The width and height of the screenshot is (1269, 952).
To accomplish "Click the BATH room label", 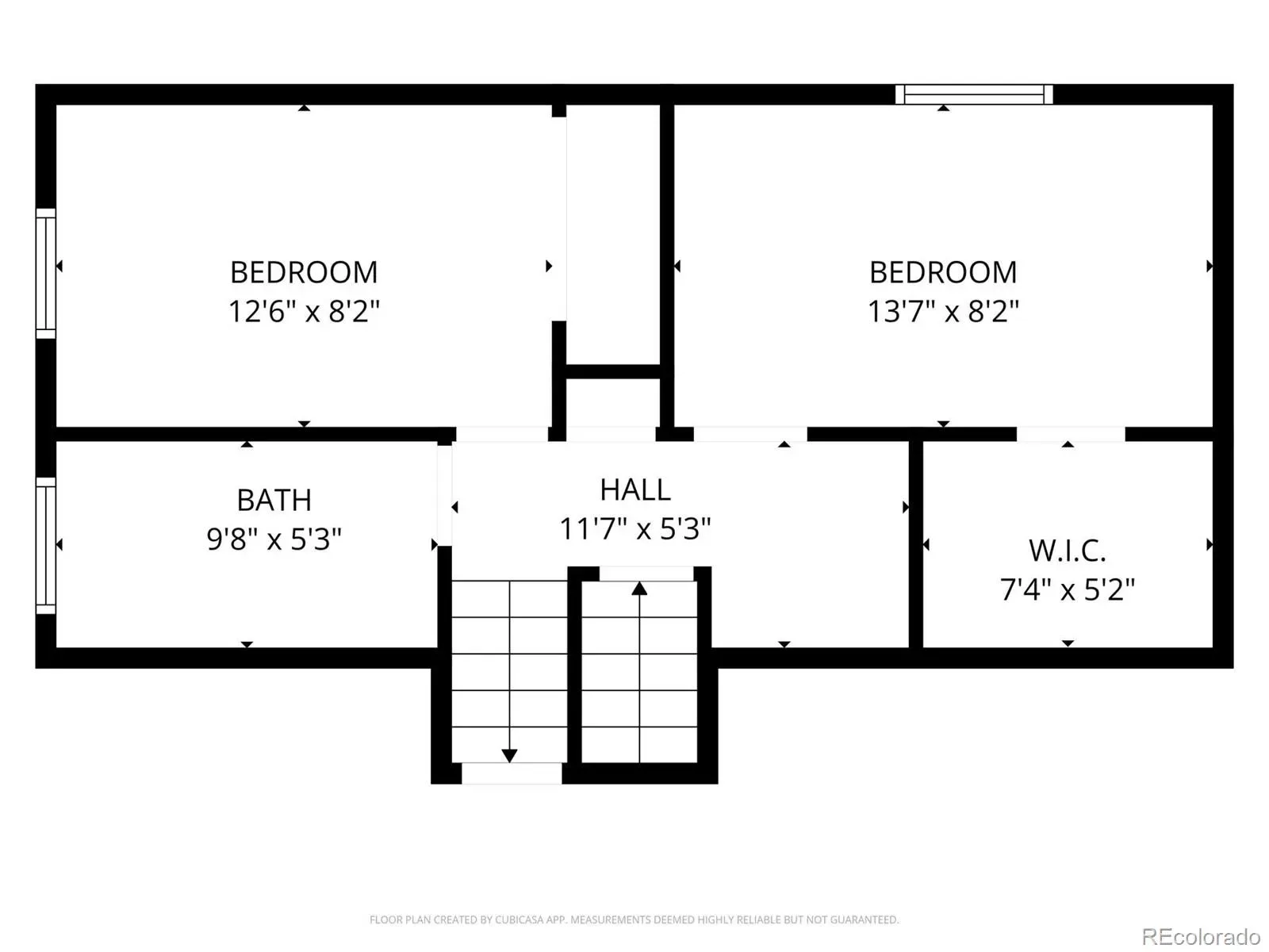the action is coord(274,500).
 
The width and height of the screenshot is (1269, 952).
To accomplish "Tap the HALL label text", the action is coord(635,490).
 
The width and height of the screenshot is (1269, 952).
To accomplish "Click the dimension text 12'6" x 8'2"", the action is coord(304,311).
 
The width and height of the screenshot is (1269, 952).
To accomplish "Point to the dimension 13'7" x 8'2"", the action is coord(943,311).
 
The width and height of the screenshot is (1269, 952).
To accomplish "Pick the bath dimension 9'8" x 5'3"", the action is coord(274,539).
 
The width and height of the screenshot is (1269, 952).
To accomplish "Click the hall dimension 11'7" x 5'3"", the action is coord(634,528).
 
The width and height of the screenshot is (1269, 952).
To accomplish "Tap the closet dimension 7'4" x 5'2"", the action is coord(1068,589).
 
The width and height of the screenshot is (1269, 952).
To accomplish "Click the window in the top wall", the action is coord(974,94).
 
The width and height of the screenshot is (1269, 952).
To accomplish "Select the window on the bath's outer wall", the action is coord(46,545).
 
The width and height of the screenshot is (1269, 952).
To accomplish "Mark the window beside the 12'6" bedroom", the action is coord(46,274).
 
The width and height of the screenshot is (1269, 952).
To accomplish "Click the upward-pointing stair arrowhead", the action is coord(638,589).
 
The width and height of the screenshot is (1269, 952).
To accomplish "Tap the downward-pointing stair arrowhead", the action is coord(508,755).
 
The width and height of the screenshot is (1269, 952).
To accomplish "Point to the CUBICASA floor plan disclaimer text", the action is coord(634,919).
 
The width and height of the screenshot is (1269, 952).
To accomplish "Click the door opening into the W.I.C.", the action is coord(1071,434).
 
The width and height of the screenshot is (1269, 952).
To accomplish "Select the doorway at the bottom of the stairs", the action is coord(512,773).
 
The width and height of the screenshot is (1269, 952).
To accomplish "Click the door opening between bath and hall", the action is coord(445,495).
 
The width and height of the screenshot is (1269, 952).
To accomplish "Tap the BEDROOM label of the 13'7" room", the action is coord(943,272).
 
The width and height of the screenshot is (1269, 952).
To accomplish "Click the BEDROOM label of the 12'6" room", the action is coord(304,272).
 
